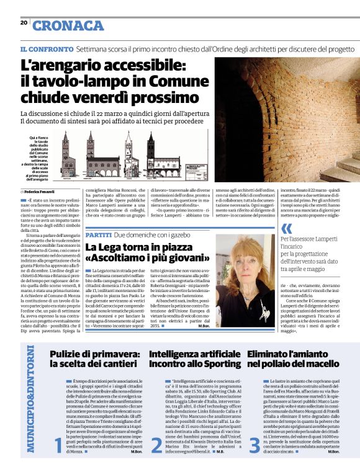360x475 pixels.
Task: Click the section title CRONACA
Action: click(x=68, y=25)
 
